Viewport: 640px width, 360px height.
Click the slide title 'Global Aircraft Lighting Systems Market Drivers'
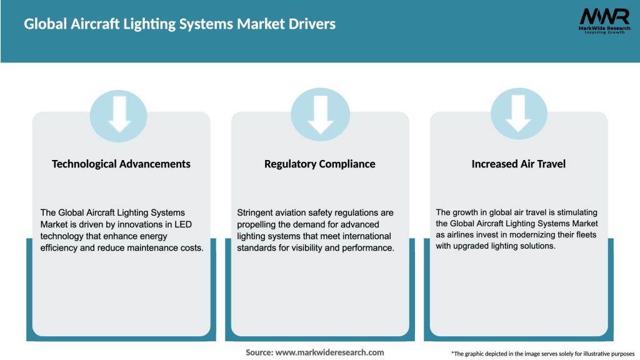click(x=179, y=24)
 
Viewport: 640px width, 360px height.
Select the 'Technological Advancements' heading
click(x=121, y=164)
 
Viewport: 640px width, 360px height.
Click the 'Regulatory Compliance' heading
click(x=320, y=164)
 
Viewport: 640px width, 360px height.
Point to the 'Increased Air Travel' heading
click(x=518, y=164)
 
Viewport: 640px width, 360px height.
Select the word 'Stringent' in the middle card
click(x=256, y=213)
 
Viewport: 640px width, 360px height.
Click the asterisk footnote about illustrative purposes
click(x=542, y=354)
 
